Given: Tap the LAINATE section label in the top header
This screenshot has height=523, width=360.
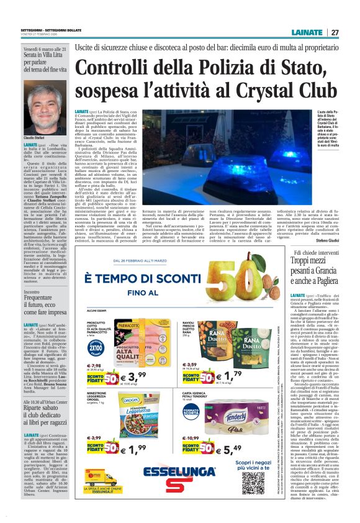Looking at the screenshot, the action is [308, 32].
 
